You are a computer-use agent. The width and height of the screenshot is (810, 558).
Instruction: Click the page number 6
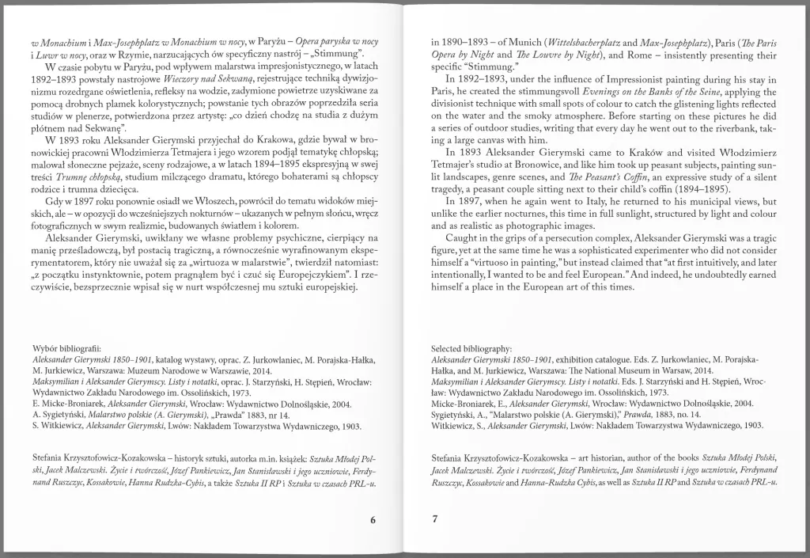pos(372,519)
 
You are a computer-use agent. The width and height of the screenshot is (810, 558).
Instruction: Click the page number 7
pos(434,519)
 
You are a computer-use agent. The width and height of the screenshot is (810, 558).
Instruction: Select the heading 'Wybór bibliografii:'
pos(68,349)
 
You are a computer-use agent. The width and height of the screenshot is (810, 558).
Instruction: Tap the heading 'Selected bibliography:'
pos(471,349)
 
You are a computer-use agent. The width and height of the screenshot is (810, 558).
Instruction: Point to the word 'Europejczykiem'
pos(301,273)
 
